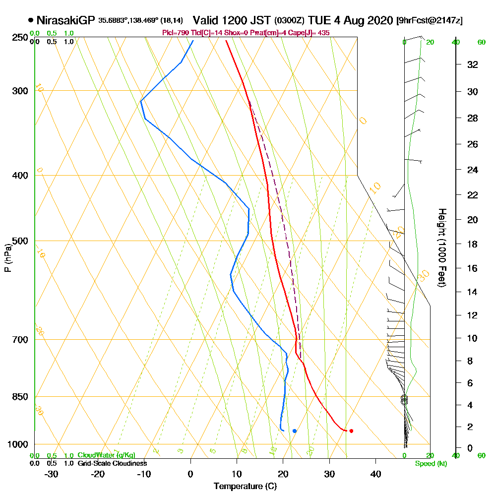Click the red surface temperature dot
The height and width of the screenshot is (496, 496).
pyautogui.click(x=351, y=431)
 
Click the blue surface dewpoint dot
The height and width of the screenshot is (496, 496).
pyautogui.click(x=295, y=431)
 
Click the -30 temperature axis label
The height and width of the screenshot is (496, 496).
pyautogui.click(x=52, y=474)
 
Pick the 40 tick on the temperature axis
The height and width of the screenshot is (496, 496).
pyautogui.click(x=375, y=474)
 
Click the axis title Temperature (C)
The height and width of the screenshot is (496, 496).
pyautogui.click(x=245, y=487)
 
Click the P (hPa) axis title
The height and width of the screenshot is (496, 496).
pyautogui.click(x=7, y=258)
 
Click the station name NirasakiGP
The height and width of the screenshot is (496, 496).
pyautogui.click(x=65, y=20)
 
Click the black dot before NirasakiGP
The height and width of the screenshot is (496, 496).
pyautogui.click(x=31, y=20)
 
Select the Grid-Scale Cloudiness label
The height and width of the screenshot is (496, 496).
pyautogui.click(x=112, y=463)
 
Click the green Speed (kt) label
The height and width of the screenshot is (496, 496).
pyautogui.click(x=431, y=464)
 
